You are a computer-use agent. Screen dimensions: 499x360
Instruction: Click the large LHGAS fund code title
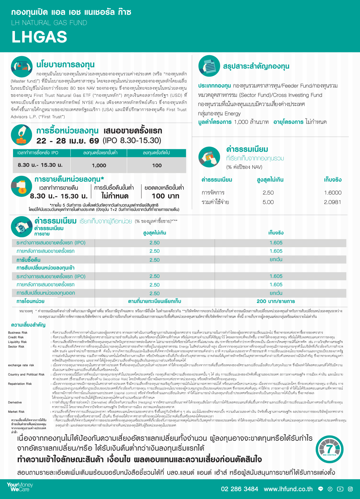pos(39,37)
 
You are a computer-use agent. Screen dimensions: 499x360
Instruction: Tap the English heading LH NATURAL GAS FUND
pos(49,23)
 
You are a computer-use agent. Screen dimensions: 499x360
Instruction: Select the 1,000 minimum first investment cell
pos(99,165)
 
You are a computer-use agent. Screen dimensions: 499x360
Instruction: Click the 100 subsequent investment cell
pos(157,165)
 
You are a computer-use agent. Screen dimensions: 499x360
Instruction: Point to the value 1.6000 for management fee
pos(332,193)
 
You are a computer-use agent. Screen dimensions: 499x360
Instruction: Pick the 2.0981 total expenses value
pos(332,202)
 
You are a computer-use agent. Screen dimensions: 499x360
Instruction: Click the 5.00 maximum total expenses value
pos(268,202)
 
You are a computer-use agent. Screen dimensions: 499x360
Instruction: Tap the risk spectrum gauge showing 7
pos(329,449)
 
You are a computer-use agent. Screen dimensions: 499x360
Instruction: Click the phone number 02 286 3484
pos(239,489)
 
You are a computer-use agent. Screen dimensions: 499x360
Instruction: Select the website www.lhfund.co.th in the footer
pos(288,489)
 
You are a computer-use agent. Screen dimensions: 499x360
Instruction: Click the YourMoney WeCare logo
pos(20,487)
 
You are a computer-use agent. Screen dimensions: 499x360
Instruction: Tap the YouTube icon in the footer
pos(340,489)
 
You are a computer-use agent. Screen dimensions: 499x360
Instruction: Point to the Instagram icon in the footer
pos(350,489)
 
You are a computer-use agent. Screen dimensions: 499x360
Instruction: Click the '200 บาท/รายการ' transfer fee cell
pos(276,301)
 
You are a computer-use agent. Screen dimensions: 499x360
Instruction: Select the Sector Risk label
pos(16,346)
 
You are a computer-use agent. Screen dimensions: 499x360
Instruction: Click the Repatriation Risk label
pos(20,384)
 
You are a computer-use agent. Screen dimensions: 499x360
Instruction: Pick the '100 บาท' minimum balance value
pos(165,196)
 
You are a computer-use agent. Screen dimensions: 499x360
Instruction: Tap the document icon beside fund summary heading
pos(209,66)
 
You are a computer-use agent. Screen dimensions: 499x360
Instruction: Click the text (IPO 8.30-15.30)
pos(132,140)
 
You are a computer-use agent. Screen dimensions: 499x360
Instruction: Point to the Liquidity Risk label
pos(17,342)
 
